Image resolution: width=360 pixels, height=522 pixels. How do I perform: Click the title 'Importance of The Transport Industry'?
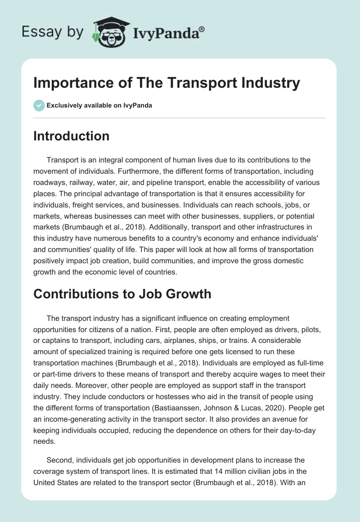click(x=166, y=83)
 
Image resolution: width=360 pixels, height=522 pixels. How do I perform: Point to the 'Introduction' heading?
click(x=71, y=136)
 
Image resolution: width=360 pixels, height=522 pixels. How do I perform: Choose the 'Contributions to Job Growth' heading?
click(x=122, y=294)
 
